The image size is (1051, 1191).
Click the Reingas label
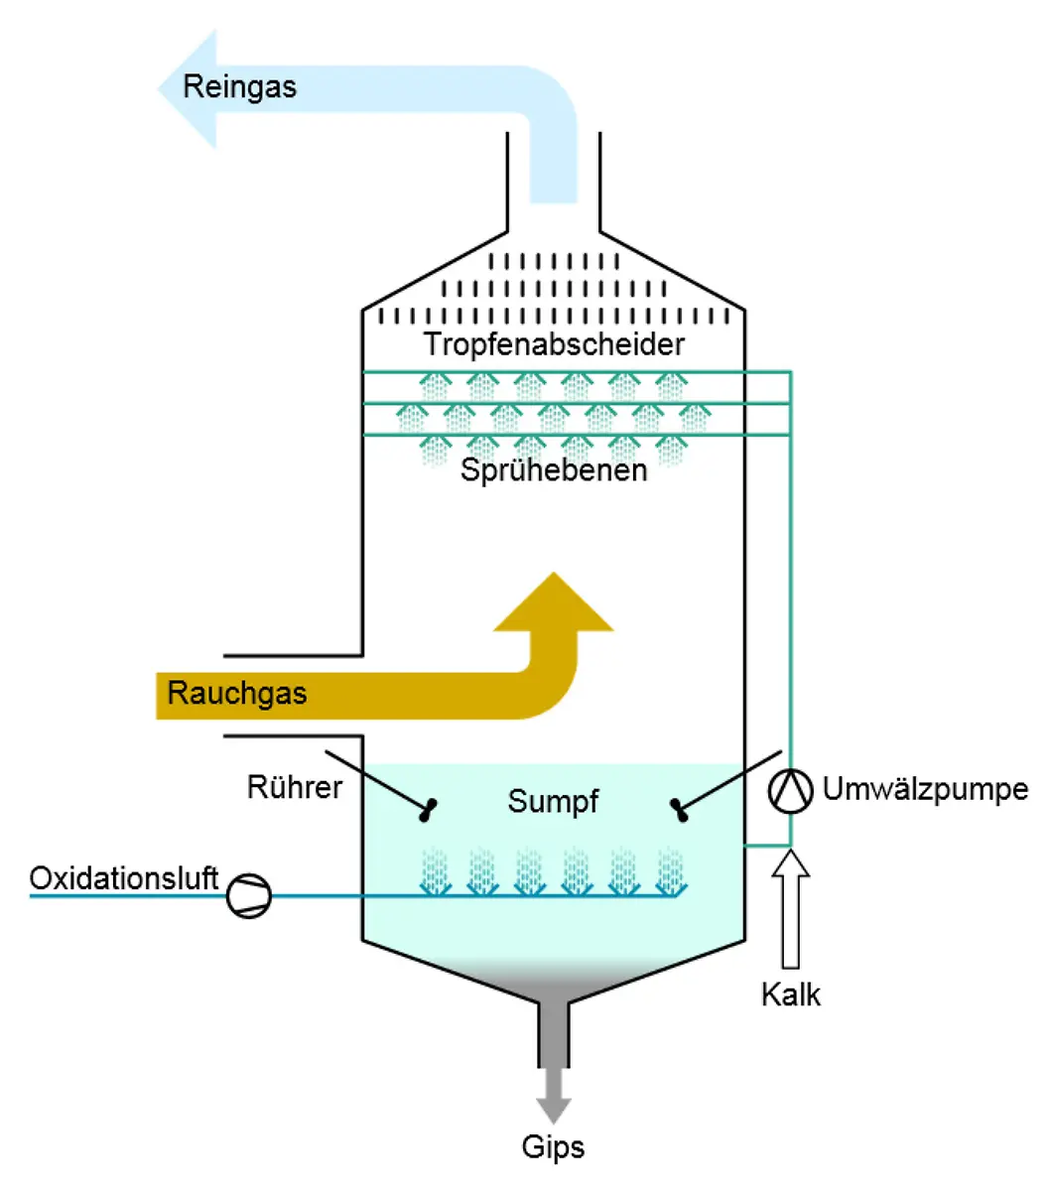(239, 86)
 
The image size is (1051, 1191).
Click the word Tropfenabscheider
(554, 344)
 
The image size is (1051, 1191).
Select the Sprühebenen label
(554, 469)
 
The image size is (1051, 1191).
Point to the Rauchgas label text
(237, 693)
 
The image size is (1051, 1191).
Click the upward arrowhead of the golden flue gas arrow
(554, 605)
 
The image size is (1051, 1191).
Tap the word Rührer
(295, 787)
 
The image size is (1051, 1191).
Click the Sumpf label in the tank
(553, 801)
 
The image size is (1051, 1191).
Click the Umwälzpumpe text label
(925, 790)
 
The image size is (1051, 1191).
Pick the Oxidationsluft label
(123, 878)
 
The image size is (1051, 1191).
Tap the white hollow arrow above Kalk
(791, 908)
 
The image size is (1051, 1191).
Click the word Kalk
(791, 994)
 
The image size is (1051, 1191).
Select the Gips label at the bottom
(553, 1147)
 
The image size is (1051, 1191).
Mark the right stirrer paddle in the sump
(680, 810)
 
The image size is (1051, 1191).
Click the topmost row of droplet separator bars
(554, 262)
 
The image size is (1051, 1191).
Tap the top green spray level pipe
(576, 372)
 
